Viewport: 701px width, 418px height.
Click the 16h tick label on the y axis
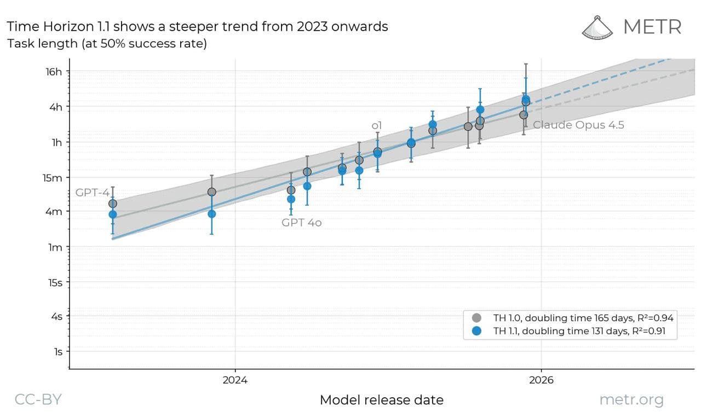[54, 72]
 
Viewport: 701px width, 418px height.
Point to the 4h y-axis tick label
[56, 107]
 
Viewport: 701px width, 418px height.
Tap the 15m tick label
[53, 178]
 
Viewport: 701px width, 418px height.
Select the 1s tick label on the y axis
[58, 352]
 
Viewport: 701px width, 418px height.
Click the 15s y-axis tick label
[55, 283]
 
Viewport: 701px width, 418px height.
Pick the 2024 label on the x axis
[235, 380]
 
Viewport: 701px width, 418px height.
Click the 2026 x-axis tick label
[542, 380]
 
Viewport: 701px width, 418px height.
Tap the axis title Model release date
[382, 400]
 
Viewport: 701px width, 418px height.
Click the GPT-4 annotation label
[93, 192]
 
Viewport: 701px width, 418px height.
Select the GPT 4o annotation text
[301, 223]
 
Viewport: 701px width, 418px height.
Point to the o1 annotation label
[376, 126]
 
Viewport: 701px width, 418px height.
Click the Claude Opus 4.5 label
[578, 125]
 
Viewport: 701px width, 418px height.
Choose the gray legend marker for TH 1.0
[476, 318]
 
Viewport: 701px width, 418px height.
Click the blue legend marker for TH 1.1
[476, 331]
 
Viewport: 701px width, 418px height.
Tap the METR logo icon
[597, 28]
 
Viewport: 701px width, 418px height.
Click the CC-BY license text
[38, 399]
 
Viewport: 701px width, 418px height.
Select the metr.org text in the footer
[631, 400]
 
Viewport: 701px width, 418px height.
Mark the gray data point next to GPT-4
[113, 204]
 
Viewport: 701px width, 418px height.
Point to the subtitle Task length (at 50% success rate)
[107, 43]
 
